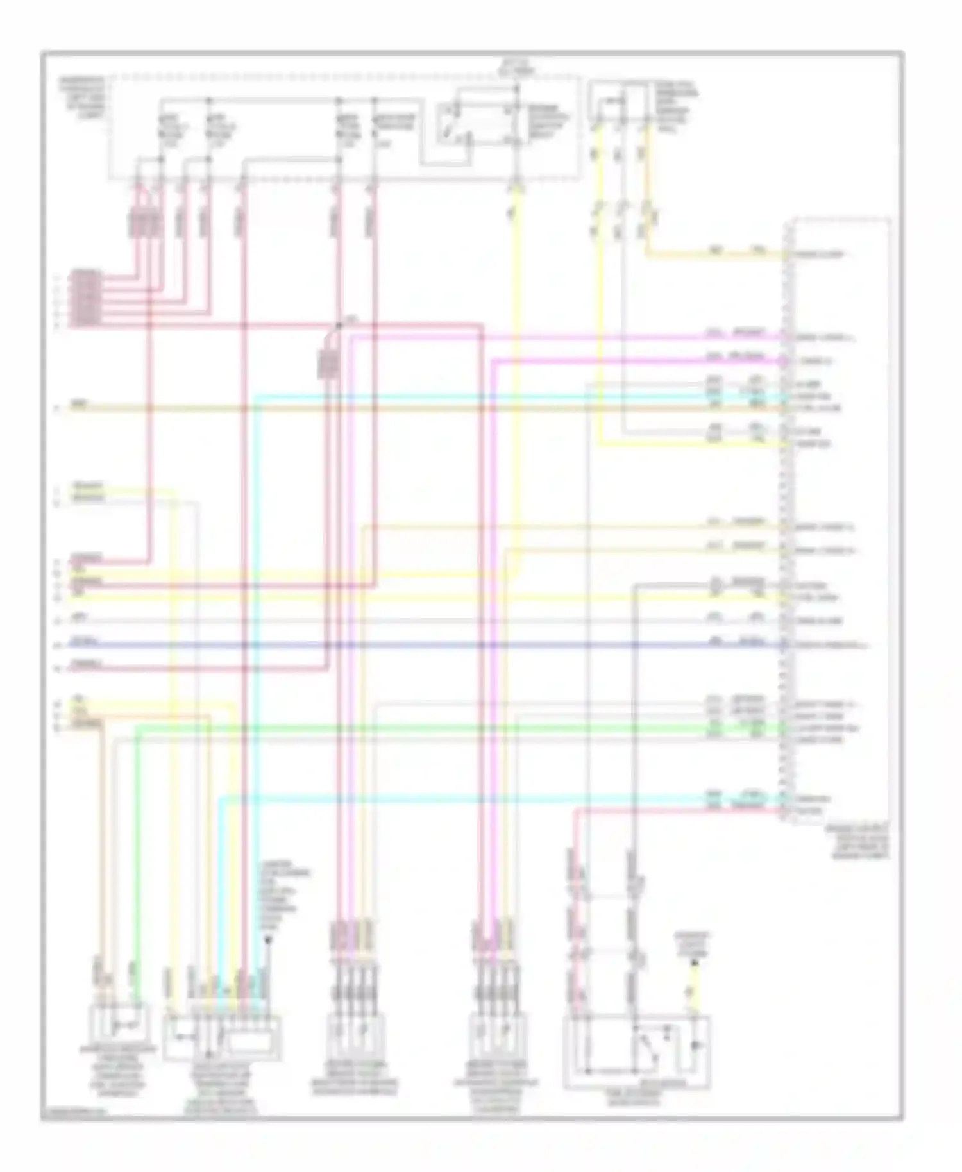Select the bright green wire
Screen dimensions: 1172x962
point(449,727)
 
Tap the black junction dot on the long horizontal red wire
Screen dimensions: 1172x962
point(338,326)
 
